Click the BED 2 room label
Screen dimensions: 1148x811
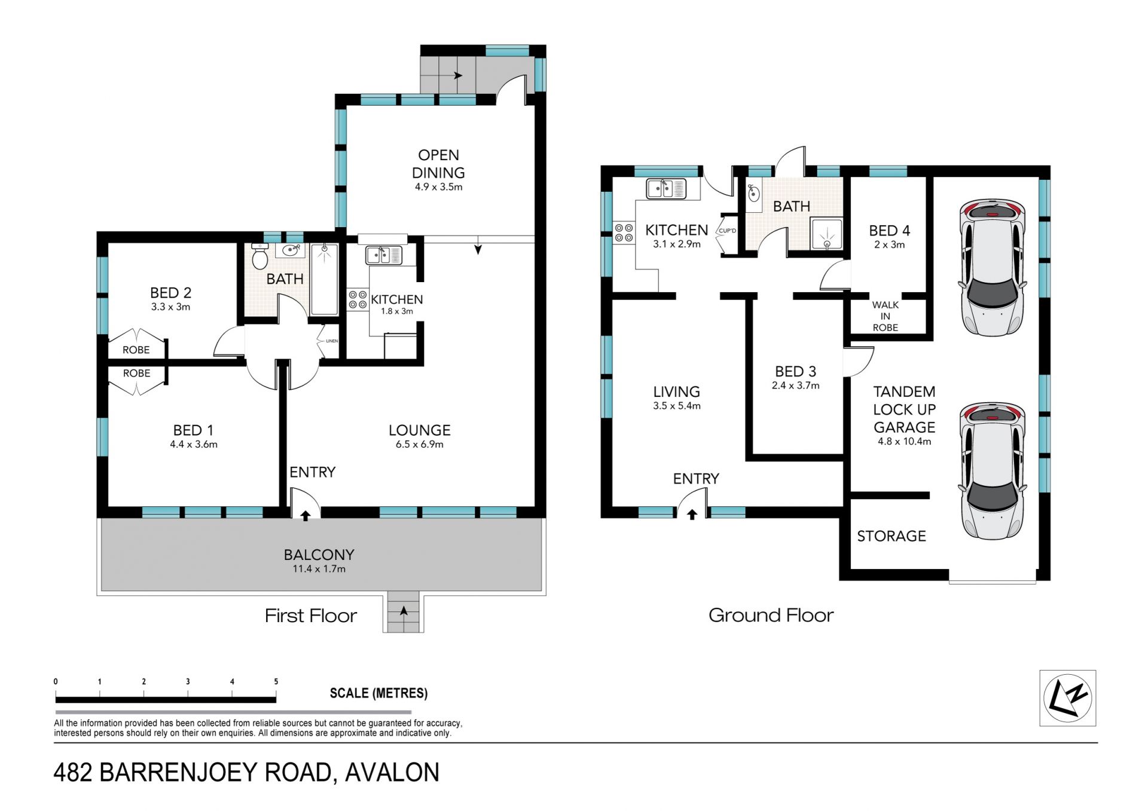click(x=170, y=293)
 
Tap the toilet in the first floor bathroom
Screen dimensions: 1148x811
click(x=259, y=257)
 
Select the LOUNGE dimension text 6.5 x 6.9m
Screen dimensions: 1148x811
click(x=419, y=445)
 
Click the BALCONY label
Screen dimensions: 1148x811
click(x=319, y=555)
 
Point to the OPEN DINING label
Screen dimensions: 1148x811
click(x=438, y=164)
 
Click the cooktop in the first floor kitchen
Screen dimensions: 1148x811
click(x=358, y=299)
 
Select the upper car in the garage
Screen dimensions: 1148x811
click(x=992, y=267)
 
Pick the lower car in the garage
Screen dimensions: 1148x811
click(x=992, y=471)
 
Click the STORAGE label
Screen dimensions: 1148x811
click(x=891, y=536)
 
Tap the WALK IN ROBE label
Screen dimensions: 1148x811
click(x=885, y=316)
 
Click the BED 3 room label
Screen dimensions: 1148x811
click(x=795, y=372)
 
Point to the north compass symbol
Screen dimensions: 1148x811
click(x=1067, y=698)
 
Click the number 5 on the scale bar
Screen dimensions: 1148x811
click(x=276, y=681)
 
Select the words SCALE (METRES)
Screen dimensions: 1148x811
click(x=378, y=693)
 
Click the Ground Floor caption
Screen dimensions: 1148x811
click(x=771, y=615)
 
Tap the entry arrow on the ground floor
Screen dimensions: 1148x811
click(x=692, y=514)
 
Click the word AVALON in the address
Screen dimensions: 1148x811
click(x=392, y=772)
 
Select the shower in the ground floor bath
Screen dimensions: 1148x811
click(x=827, y=234)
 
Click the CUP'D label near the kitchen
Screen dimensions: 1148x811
click(x=727, y=231)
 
